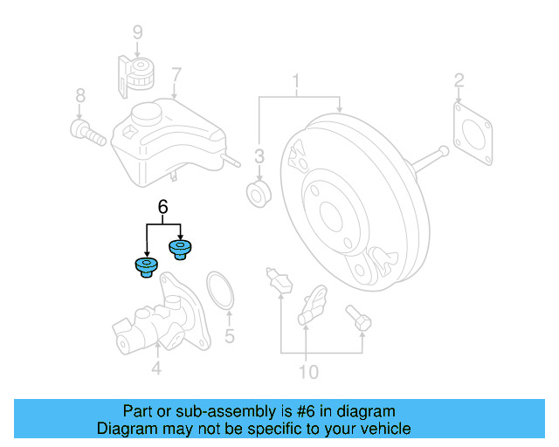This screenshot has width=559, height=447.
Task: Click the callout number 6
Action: (162, 207)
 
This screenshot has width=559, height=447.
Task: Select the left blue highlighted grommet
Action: (145, 265)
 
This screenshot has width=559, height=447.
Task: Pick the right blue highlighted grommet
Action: (181, 250)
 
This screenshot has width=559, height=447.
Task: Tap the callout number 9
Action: (136, 33)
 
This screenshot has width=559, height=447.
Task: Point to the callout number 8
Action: (79, 95)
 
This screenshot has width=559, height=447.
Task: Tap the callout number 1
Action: (296, 84)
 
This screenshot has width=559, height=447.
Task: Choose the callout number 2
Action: (459, 82)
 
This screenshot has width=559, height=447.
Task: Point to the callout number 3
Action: (259, 156)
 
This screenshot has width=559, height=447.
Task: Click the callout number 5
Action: (230, 335)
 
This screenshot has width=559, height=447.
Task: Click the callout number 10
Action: (307, 373)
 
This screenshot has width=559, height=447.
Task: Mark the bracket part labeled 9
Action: (135, 72)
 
